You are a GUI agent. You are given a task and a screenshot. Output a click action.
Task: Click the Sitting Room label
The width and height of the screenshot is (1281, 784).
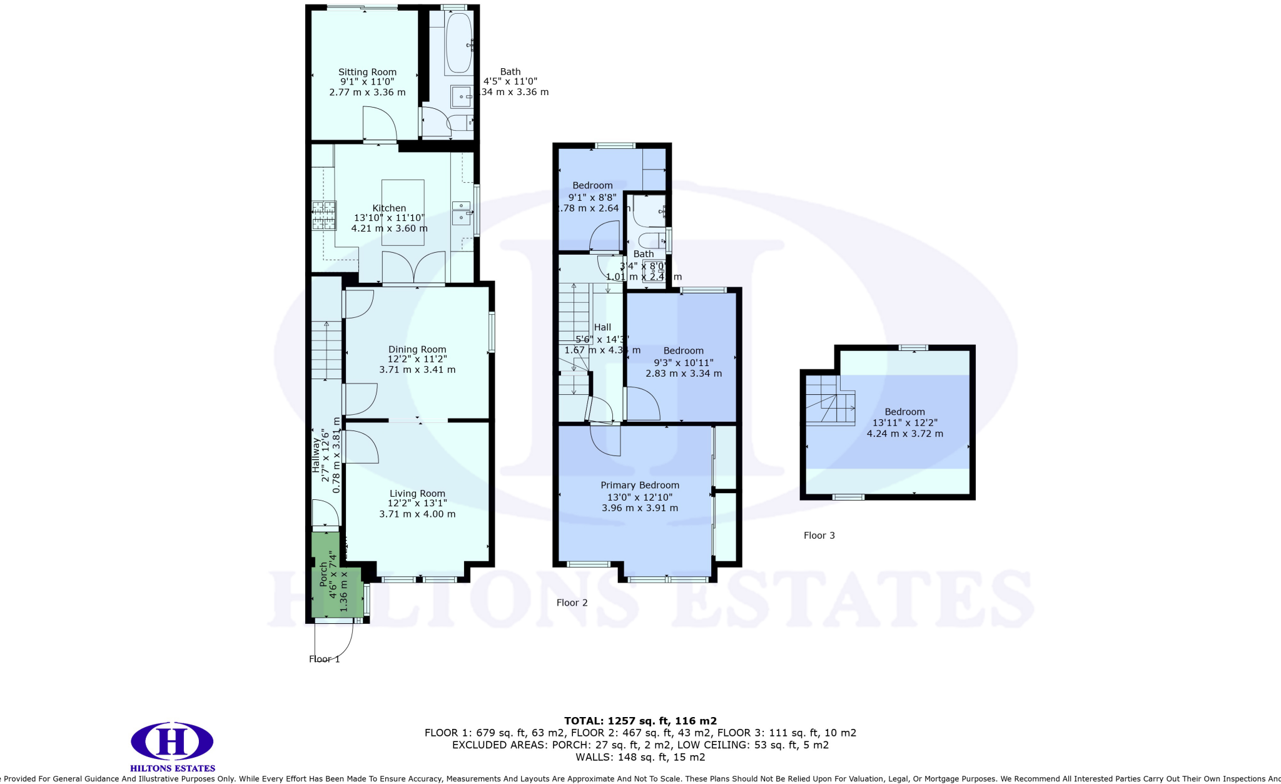pyautogui.click(x=367, y=72)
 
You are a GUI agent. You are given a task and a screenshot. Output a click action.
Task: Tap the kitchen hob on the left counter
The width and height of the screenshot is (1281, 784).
pyautogui.click(x=324, y=215)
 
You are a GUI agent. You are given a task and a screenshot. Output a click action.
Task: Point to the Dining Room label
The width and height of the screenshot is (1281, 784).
pyautogui.click(x=417, y=349)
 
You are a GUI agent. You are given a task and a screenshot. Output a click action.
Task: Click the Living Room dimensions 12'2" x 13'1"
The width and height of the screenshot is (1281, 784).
pyautogui.click(x=417, y=503)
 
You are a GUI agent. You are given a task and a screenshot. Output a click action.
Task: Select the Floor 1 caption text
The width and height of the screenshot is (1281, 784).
pyautogui.click(x=324, y=659)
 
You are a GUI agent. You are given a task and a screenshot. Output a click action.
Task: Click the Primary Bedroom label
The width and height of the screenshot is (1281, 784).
pyautogui.click(x=639, y=485)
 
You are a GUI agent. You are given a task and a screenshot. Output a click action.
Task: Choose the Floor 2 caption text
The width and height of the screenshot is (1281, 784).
pyautogui.click(x=572, y=603)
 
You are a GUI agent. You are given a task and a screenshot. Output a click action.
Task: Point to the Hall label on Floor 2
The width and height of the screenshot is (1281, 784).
pyautogui.click(x=602, y=327)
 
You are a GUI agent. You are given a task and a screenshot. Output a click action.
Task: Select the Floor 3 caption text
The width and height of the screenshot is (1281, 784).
pyautogui.click(x=819, y=535)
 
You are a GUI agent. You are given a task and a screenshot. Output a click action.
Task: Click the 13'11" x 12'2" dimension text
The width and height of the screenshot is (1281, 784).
pyautogui.click(x=904, y=422)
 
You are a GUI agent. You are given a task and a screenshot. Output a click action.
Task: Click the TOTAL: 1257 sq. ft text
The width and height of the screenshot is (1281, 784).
pyautogui.click(x=640, y=721)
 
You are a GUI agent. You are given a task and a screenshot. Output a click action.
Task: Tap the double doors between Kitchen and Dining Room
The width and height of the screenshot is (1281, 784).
pyautogui.click(x=413, y=268)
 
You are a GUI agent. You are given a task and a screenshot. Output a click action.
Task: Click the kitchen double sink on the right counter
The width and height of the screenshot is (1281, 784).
pyautogui.click(x=462, y=211)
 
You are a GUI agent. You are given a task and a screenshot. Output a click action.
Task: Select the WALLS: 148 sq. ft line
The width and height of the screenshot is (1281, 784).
pyautogui.click(x=640, y=757)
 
